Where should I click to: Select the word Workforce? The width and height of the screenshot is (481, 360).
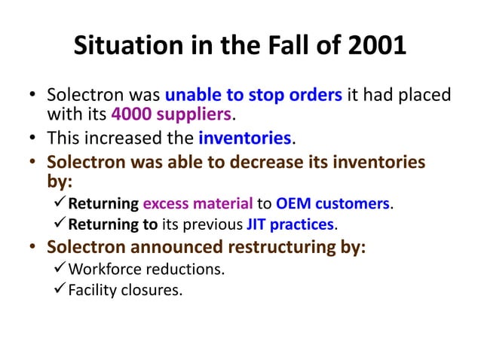coord(106,269)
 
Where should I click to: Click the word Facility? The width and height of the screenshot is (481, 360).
coord(88,290)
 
